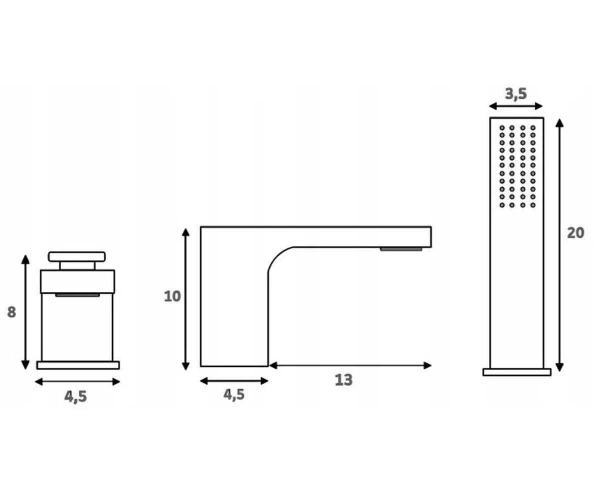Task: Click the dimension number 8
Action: [x=11, y=312]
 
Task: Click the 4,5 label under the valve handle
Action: [x=75, y=397]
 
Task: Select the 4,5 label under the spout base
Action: [x=234, y=394]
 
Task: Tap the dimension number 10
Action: [x=172, y=296]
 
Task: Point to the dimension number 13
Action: [x=343, y=380]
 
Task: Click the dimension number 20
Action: [x=575, y=233]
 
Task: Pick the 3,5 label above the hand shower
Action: [x=516, y=93]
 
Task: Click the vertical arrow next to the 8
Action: [x=25, y=312]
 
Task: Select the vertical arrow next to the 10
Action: [x=185, y=299]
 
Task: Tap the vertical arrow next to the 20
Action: [x=559, y=245]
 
